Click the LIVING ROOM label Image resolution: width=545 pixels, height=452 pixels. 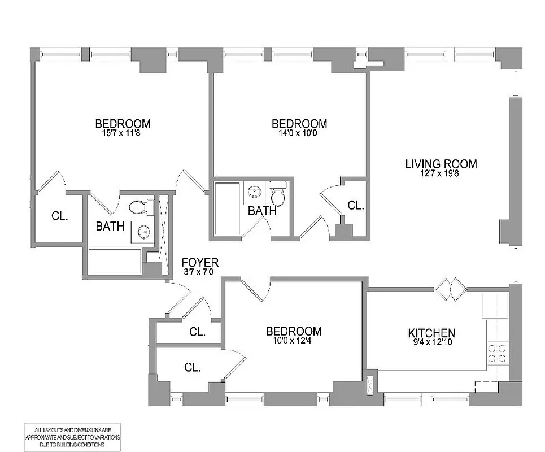point(441,164)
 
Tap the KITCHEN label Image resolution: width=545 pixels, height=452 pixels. point(432,333)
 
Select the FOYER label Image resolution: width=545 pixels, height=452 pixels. point(200,263)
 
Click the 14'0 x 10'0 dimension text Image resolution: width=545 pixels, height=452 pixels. point(299,133)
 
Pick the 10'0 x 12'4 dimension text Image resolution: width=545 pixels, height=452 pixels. point(294,341)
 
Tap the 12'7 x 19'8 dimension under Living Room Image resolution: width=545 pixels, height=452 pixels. point(441,175)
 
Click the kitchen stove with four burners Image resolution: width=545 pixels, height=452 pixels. point(496,353)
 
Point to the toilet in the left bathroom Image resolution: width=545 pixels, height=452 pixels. point(139,208)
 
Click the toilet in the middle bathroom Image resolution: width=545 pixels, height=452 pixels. point(277,195)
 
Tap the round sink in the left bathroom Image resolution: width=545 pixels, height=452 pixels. point(144,231)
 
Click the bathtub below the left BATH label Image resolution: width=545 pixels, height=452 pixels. point(115,262)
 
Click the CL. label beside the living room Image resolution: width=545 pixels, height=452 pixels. point(355,206)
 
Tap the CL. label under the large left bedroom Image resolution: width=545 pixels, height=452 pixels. point(59,216)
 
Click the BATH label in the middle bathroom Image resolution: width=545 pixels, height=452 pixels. point(263,211)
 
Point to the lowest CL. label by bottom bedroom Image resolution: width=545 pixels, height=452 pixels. point(193,367)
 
